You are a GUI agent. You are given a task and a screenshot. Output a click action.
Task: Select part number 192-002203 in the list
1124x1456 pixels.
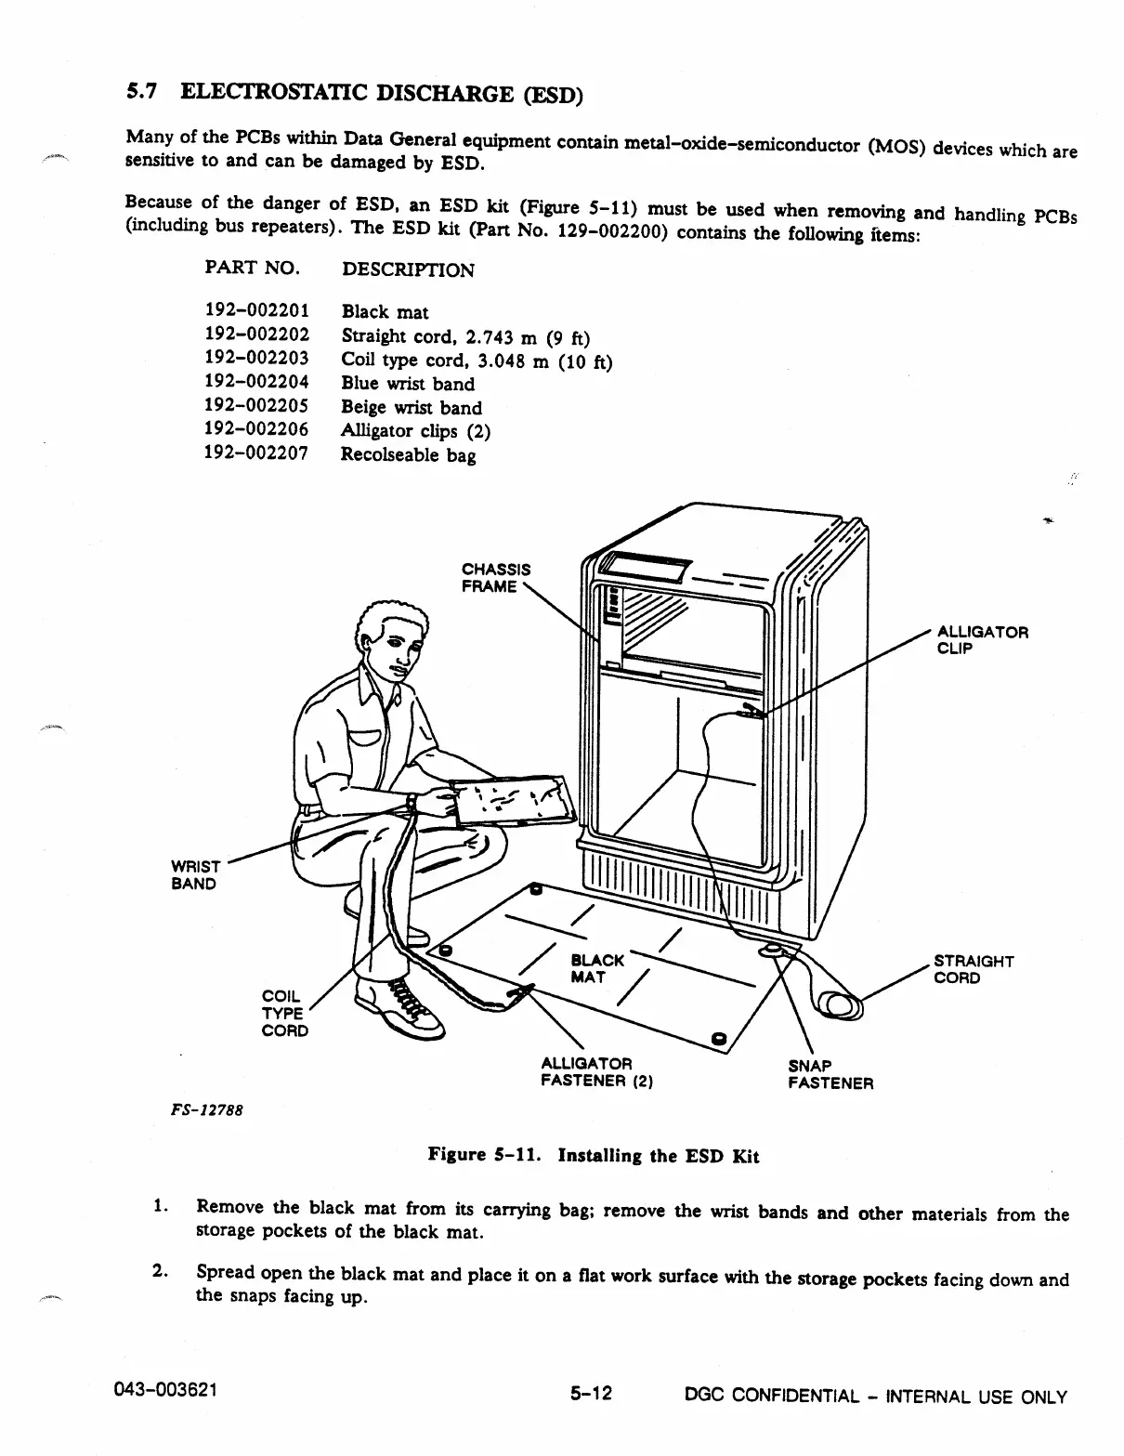256,358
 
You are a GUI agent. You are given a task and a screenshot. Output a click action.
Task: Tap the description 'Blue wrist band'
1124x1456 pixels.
408,383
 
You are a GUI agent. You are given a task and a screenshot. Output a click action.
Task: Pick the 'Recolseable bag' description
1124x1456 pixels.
408,454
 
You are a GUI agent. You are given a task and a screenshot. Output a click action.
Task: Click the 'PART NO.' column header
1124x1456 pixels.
252,269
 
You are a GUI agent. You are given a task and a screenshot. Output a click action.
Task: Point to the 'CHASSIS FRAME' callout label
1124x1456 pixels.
496,577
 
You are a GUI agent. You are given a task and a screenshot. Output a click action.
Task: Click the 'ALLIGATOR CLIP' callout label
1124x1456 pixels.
982,640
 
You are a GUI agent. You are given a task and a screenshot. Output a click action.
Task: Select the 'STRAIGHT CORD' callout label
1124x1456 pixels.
973,969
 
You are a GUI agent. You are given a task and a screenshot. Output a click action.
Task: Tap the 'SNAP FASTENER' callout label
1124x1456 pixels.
830,1074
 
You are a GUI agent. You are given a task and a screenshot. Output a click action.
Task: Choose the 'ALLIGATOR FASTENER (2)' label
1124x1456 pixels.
596,1071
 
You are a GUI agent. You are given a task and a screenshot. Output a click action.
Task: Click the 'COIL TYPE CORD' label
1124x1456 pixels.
284,1013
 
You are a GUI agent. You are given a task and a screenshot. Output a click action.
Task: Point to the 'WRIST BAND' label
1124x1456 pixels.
195,874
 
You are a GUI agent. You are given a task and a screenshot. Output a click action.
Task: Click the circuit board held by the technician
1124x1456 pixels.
514,798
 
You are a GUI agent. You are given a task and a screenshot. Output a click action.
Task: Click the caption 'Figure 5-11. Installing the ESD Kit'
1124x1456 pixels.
593,1156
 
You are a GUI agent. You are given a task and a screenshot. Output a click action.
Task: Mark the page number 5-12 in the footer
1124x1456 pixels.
591,1395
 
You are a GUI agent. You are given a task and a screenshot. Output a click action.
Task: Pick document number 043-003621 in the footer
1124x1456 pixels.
172,1391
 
